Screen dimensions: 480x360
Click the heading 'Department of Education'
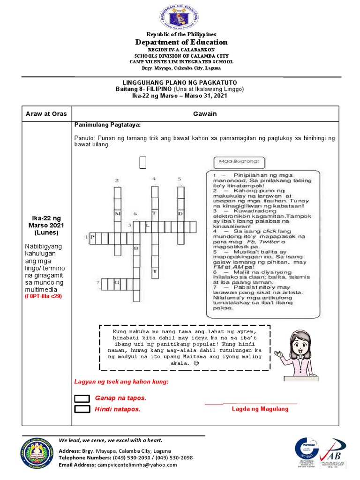(x=181, y=42)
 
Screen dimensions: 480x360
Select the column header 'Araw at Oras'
(x=46, y=114)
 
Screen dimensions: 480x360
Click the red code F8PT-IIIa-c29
(x=43, y=296)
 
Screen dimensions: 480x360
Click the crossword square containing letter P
(x=92, y=238)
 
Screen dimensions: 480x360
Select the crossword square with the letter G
(x=116, y=283)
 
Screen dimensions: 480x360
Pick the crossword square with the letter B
(x=136, y=248)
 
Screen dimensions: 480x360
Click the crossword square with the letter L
(x=148, y=226)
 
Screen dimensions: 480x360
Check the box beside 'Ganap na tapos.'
(x=82, y=398)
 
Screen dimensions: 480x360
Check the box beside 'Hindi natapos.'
(x=82, y=409)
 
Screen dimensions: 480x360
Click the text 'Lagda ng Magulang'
(x=260, y=409)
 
